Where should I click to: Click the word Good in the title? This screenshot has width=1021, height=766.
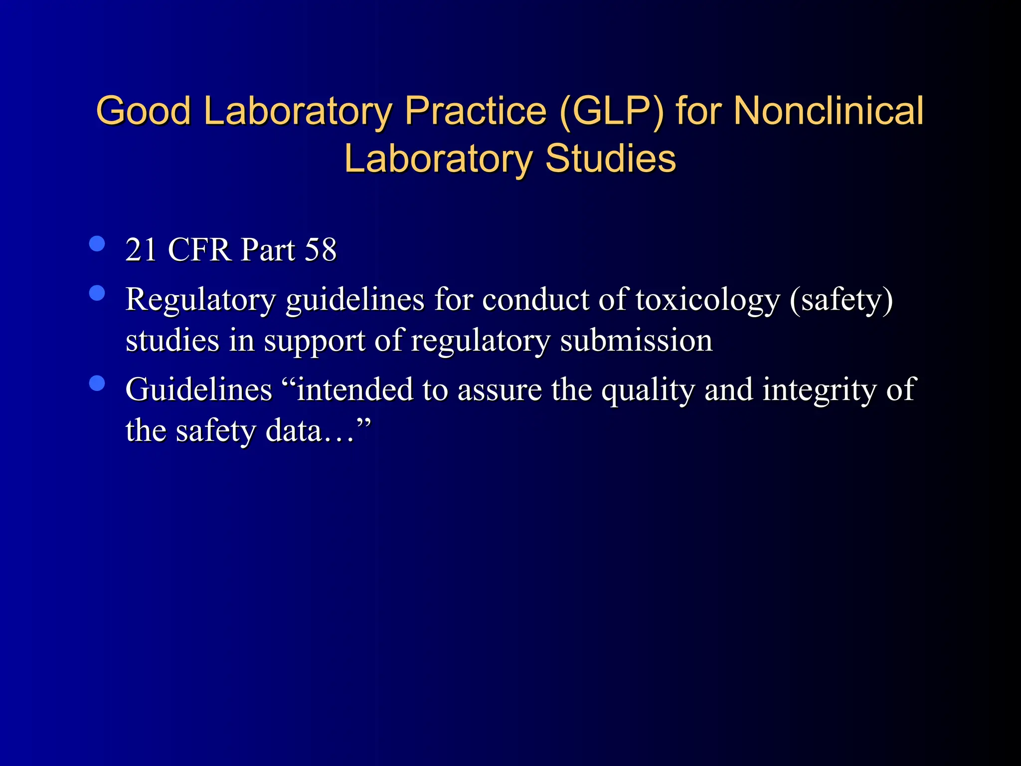(x=144, y=111)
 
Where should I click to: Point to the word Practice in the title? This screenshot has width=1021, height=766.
(x=476, y=111)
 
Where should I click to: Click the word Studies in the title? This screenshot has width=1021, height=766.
(x=610, y=159)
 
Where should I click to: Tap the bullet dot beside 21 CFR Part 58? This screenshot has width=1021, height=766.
(x=97, y=243)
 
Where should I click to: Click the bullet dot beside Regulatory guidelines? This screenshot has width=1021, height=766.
(x=97, y=293)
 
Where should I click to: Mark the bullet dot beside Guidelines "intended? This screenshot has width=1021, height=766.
(x=97, y=383)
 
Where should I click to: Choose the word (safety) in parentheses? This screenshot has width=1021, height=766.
(x=841, y=301)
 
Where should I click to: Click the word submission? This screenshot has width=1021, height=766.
(x=636, y=341)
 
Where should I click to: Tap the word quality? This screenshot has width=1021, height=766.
(x=648, y=390)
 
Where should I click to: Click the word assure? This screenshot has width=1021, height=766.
(x=500, y=390)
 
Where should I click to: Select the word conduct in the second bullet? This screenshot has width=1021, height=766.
(x=535, y=300)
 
